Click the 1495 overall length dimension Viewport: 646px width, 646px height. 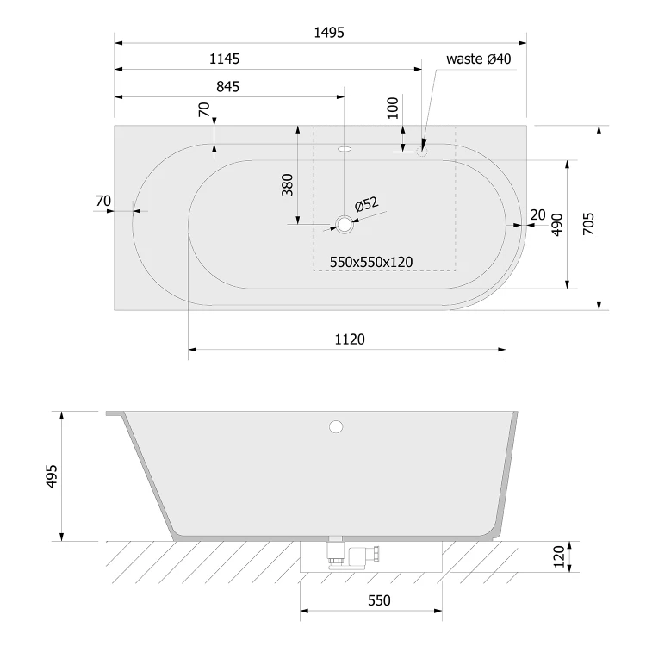(329, 32)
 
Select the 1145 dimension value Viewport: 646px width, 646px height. (224, 59)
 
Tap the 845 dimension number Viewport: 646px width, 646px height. (227, 86)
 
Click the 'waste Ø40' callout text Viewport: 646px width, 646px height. (478, 59)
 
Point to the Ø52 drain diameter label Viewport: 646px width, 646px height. (366, 203)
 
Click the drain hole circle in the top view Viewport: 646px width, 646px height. (344, 225)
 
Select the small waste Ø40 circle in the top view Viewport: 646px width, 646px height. (421, 152)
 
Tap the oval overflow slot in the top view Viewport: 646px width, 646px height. (345, 149)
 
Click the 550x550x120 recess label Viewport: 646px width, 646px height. (370, 262)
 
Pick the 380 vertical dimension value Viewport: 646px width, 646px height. (287, 185)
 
